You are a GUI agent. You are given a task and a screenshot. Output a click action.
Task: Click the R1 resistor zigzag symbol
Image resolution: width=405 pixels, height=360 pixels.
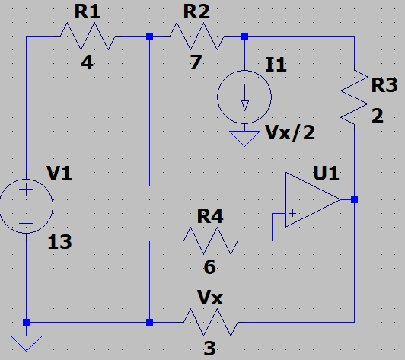[87, 36]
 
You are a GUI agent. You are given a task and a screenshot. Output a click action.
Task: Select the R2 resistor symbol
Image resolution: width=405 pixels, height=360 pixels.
[196, 36]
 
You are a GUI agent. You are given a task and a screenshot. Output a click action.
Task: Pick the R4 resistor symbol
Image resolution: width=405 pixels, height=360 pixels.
[209, 242]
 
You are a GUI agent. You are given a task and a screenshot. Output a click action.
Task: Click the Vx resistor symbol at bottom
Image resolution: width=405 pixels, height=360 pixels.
[209, 322]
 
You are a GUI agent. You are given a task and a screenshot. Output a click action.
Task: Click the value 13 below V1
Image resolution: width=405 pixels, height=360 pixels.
[59, 243]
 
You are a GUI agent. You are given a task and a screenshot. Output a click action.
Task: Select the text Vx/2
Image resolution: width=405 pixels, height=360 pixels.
[290, 134]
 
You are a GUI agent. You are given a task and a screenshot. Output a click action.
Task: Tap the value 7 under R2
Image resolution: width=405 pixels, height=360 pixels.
[196, 63]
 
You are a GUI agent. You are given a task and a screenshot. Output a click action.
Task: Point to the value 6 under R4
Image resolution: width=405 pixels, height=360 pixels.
[209, 267]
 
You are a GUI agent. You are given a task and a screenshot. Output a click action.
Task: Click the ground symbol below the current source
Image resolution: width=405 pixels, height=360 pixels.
[244, 138]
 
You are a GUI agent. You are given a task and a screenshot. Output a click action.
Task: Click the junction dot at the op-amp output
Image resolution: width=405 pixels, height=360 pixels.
[355, 200]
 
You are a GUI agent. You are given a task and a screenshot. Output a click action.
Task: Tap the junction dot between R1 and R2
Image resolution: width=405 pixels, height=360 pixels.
[149, 36]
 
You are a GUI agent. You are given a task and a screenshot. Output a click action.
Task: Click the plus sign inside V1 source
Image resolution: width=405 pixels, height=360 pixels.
[26, 191]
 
